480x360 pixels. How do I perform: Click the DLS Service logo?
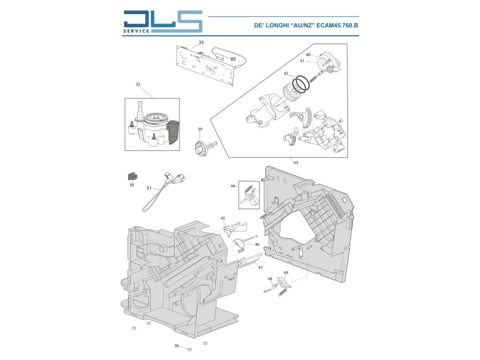(x=162, y=22)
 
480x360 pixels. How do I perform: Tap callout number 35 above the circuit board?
(x=201, y=43)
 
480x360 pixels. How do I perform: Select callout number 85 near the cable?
(x=233, y=58)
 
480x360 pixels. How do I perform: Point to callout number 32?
(x=138, y=84)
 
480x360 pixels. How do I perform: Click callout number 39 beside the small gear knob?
(x=199, y=130)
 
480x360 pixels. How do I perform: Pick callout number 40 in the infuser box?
(x=308, y=55)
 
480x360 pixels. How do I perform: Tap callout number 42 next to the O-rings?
(x=287, y=74)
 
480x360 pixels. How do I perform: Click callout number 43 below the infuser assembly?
(x=295, y=163)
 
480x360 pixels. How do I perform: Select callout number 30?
(x=131, y=185)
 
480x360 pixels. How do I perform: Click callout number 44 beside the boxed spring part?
(x=232, y=186)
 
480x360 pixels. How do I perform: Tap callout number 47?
(x=260, y=267)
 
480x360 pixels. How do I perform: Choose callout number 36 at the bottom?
(x=176, y=346)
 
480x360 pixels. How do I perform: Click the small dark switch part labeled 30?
(x=132, y=175)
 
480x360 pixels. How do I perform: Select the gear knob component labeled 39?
(x=200, y=147)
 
